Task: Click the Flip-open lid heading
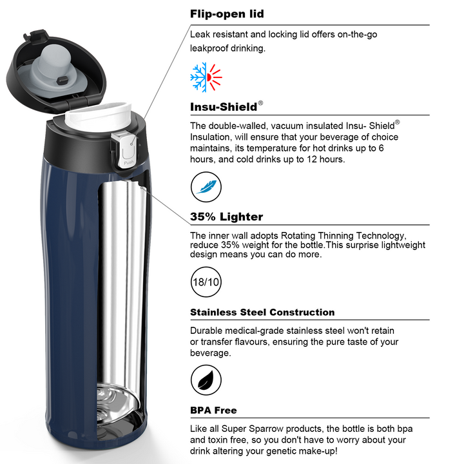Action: click(x=227, y=14)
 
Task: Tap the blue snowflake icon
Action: click(x=198, y=77)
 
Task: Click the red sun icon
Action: click(x=214, y=77)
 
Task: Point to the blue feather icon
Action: click(x=206, y=187)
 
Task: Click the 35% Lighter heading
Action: click(x=226, y=217)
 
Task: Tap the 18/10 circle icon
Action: click(x=206, y=282)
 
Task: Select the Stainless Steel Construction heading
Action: click(x=262, y=312)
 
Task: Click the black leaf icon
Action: click(x=206, y=380)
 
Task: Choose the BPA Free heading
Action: click(x=213, y=411)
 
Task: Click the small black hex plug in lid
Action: click(x=62, y=81)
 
